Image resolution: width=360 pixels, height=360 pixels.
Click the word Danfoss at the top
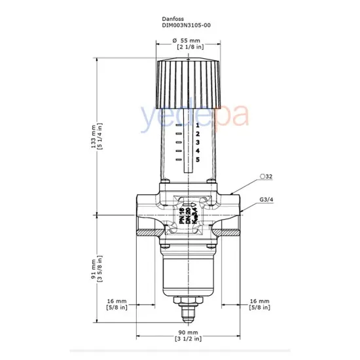pyautogui.click(x=173, y=18)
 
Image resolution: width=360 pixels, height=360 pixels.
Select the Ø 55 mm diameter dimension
pyautogui.click(x=188, y=41)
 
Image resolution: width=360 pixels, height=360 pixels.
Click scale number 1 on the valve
pyautogui.click(x=196, y=124)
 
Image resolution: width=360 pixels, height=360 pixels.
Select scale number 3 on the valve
pyautogui.click(x=196, y=142)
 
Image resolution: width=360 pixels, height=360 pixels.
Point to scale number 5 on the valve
pyautogui.click(x=196, y=160)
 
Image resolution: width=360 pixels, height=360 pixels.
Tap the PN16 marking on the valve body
pyautogui.click(x=181, y=216)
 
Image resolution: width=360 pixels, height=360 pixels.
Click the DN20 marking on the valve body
pyautogui.click(x=188, y=216)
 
